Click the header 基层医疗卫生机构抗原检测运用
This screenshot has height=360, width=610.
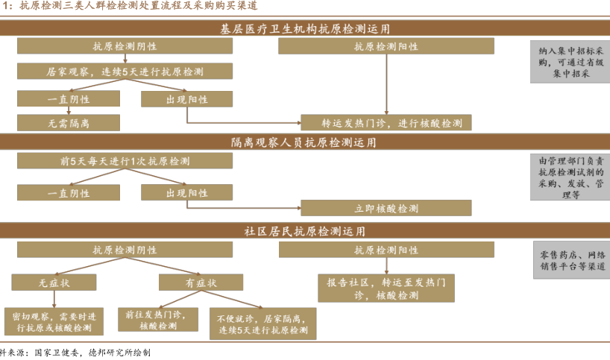(305, 28)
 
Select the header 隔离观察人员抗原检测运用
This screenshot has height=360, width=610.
(305, 142)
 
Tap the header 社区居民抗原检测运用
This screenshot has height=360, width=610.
(305, 231)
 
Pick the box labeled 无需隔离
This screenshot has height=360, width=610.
(69, 121)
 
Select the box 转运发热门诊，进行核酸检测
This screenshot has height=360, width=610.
(386, 122)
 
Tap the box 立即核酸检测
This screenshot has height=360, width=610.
(386, 208)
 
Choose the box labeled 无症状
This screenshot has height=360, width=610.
(54, 282)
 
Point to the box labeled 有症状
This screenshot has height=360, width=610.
(201, 282)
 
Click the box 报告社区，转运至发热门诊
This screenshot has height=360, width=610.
(386, 289)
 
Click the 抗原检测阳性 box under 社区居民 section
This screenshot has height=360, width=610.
(386, 250)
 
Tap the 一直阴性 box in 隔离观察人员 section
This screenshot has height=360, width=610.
(69, 193)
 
